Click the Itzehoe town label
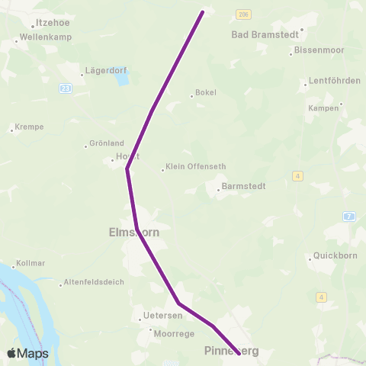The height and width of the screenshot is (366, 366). (x=53, y=24)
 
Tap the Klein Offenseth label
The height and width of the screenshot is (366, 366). (x=190, y=169)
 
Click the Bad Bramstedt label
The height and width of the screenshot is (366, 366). (x=267, y=34)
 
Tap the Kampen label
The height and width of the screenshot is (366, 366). (x=323, y=108)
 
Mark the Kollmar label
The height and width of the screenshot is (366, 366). (x=30, y=264)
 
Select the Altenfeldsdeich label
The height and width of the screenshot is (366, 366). (x=93, y=284)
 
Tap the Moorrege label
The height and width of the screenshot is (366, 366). (x=174, y=333)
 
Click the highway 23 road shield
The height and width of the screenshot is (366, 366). (x=66, y=88)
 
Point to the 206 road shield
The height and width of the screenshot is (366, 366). (x=243, y=14)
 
